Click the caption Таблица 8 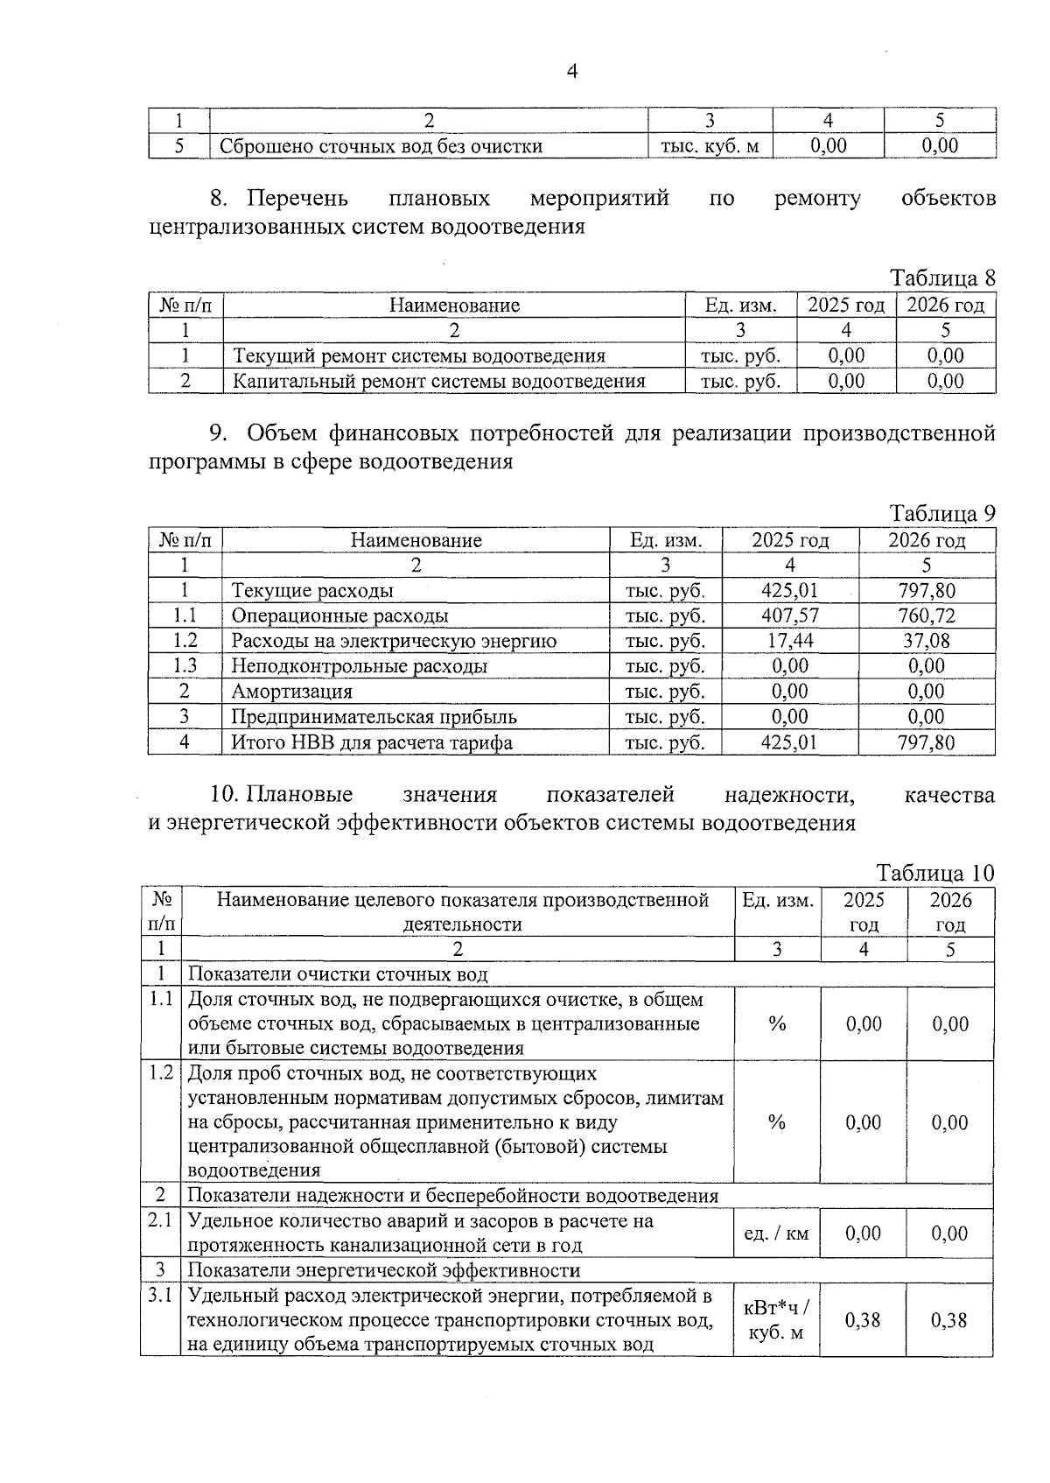coord(942,278)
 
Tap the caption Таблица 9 coord(942,513)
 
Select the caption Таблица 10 coord(935,873)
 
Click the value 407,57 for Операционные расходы coord(790,616)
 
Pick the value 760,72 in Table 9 coord(927,616)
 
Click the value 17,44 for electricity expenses coord(790,641)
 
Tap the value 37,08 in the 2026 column coord(927,641)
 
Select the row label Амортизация coord(291,692)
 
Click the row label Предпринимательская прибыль coord(374,717)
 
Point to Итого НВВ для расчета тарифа coord(372,743)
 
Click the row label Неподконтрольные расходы coord(359,666)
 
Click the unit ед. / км coord(776,1233)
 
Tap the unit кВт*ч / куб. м coord(776,1320)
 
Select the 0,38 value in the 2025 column coord(863,1320)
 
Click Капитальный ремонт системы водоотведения coord(438,381)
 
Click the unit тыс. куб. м coord(709,146)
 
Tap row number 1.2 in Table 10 coord(161,1073)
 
